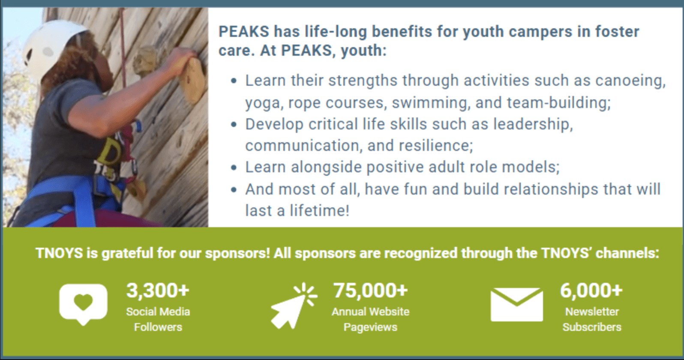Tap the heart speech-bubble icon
coord(83,303)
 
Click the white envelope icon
coord(516,304)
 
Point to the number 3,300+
coord(158,291)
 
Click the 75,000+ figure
coord(370,291)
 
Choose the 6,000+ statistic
coord(591,291)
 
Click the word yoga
coord(262,103)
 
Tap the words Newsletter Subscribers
coord(592,319)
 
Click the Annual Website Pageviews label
coord(370,319)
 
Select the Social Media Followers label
coord(158,319)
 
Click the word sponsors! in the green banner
coord(237,253)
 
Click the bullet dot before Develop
coord(234,125)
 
